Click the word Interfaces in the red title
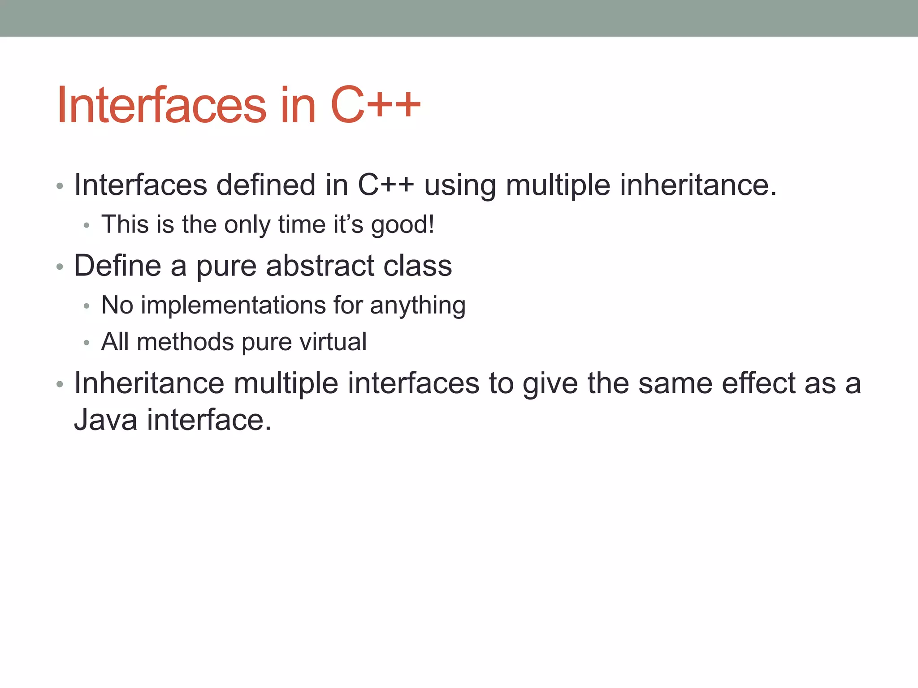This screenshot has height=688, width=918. pyautogui.click(x=161, y=106)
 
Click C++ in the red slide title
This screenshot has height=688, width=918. pyautogui.click(x=376, y=106)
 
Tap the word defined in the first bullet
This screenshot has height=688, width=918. pyautogui.click(x=266, y=185)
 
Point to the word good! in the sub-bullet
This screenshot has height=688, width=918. pyautogui.click(x=403, y=225)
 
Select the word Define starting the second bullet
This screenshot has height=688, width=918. pyautogui.click(x=117, y=266)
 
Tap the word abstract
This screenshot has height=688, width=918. pyautogui.click(x=320, y=266)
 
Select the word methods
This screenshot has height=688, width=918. pyautogui.click(x=185, y=342)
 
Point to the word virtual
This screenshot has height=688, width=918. pyautogui.click(x=333, y=342)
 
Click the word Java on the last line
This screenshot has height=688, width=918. pyautogui.click(x=105, y=420)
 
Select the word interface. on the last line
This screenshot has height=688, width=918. pyautogui.click(x=209, y=420)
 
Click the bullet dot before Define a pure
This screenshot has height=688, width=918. pyautogui.click(x=60, y=267)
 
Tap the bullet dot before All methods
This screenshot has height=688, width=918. pyautogui.click(x=87, y=344)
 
